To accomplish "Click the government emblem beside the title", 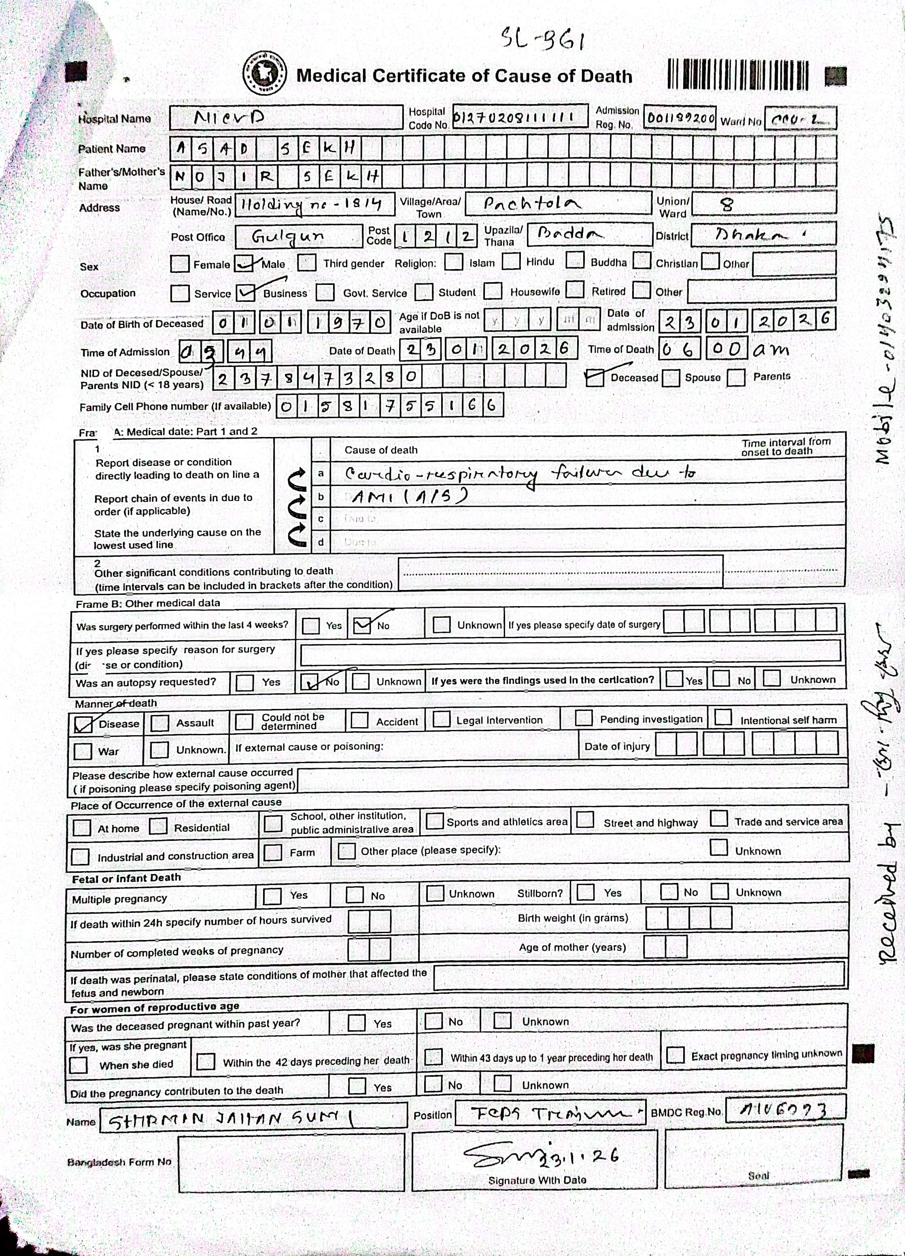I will (265, 74).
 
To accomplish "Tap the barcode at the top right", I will (738, 74).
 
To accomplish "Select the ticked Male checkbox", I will (244, 263).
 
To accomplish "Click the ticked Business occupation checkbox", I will (245, 293).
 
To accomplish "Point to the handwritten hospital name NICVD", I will (230, 117).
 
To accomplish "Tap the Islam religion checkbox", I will (454, 261).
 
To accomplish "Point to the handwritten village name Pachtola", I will (532, 204).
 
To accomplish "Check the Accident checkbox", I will (359, 720).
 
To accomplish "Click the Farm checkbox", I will (272, 852).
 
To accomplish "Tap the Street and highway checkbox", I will (585, 820).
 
